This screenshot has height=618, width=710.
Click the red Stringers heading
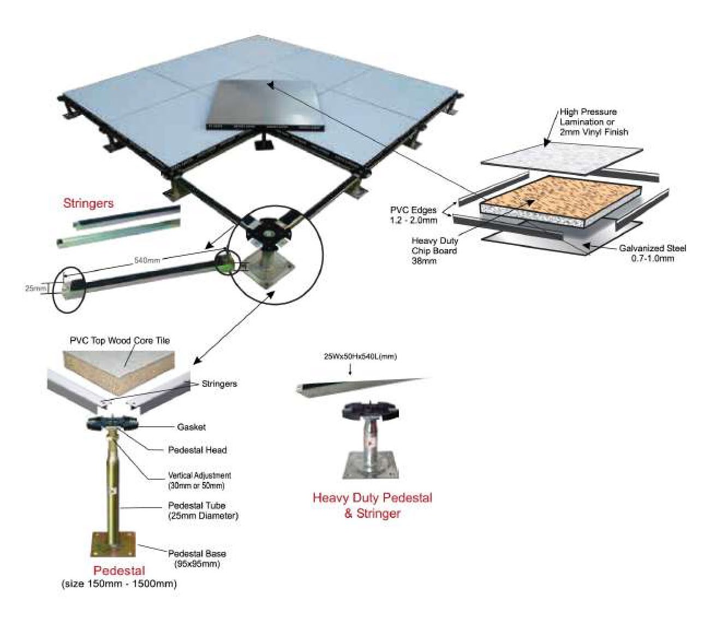tap(88, 203)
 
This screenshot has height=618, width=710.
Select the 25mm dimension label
tap(35, 288)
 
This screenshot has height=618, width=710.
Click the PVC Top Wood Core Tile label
tap(120, 340)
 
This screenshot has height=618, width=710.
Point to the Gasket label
tap(191, 427)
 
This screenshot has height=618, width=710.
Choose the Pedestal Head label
tap(196, 450)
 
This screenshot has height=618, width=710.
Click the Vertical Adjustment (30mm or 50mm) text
tap(199, 481)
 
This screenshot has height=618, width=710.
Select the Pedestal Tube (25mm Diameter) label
tap(202, 510)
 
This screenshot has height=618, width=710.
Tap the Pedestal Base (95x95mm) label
tap(196, 558)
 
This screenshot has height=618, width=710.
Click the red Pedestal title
tap(118, 571)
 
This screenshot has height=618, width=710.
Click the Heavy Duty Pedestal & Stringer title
tap(372, 505)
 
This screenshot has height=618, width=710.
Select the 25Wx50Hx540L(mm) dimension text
tap(360, 357)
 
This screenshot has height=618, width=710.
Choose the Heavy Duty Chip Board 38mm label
tap(435, 250)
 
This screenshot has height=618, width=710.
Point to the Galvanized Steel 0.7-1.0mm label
tap(652, 253)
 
